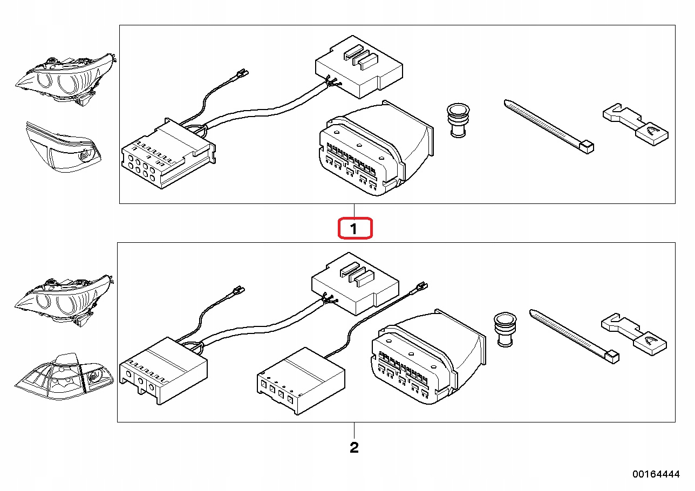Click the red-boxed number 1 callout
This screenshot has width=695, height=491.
[354, 228]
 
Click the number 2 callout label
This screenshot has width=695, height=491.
[354, 447]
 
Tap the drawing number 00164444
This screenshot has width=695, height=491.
[656, 474]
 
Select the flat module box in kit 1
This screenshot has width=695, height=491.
[358, 67]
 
